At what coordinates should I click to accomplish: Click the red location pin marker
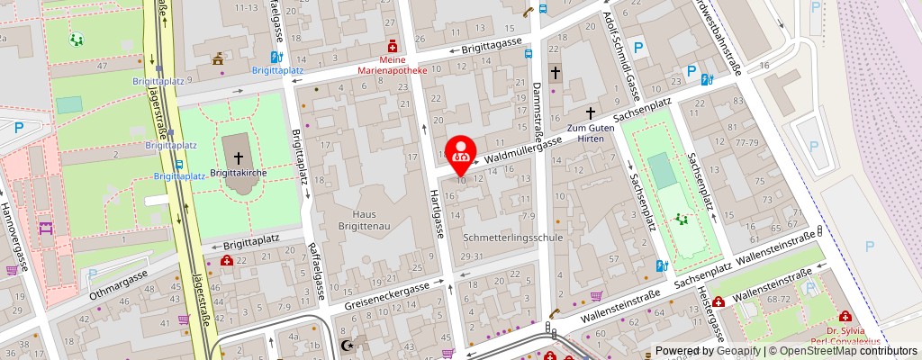462,156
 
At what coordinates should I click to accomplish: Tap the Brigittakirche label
237,171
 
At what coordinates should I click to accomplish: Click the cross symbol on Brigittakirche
238,156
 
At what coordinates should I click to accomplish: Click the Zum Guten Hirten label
591,134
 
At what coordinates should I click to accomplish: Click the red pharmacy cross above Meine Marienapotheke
392,45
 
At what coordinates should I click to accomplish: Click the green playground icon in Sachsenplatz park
682,218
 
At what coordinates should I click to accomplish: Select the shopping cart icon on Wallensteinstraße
596,295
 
